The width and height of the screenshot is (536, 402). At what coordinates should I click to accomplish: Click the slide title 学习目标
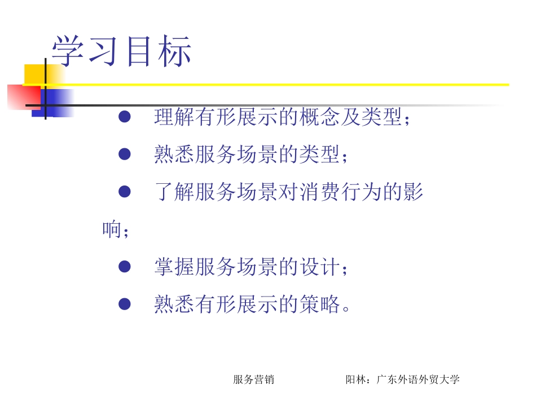tap(122, 52)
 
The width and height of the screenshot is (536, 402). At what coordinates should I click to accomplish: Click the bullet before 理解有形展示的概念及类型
tap(125, 117)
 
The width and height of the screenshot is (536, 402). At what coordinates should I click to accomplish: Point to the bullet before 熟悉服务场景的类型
tap(125, 154)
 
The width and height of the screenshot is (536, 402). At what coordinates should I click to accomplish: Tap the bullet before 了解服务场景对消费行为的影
tap(125, 192)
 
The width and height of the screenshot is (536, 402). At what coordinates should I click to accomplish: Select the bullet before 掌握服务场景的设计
tap(125, 267)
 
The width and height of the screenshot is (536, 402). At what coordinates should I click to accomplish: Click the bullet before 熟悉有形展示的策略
tap(125, 305)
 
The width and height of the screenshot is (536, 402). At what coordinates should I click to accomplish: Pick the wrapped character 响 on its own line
tap(112, 230)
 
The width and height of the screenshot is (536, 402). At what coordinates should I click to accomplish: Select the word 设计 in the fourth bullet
tap(317, 267)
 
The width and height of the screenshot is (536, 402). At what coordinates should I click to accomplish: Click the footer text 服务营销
tap(253, 379)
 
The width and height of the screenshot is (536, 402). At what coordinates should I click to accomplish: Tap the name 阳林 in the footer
tap(355, 379)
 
